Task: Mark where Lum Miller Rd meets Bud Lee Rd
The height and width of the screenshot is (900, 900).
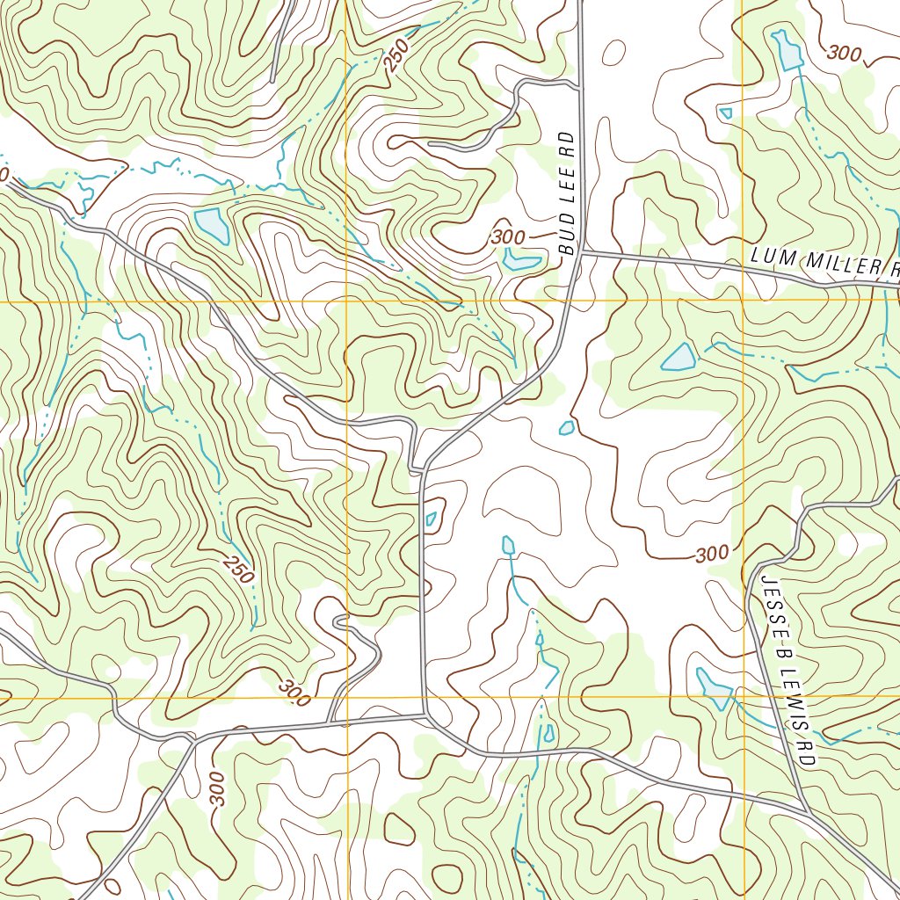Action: click(582, 252)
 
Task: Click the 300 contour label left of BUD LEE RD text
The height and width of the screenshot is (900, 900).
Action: click(508, 237)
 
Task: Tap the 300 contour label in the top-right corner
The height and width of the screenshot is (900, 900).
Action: click(844, 54)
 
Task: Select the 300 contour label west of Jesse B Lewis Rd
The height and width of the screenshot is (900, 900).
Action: click(712, 554)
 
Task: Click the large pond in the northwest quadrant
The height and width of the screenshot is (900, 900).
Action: click(212, 225)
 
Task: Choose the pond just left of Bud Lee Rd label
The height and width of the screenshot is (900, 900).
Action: click(520, 260)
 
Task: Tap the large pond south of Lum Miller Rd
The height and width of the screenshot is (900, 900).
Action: click(679, 357)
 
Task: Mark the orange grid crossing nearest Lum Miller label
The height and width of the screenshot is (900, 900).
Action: click(743, 301)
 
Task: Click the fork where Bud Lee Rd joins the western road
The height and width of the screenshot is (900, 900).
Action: click(425, 468)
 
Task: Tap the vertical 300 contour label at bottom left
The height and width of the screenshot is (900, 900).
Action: click(218, 788)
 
